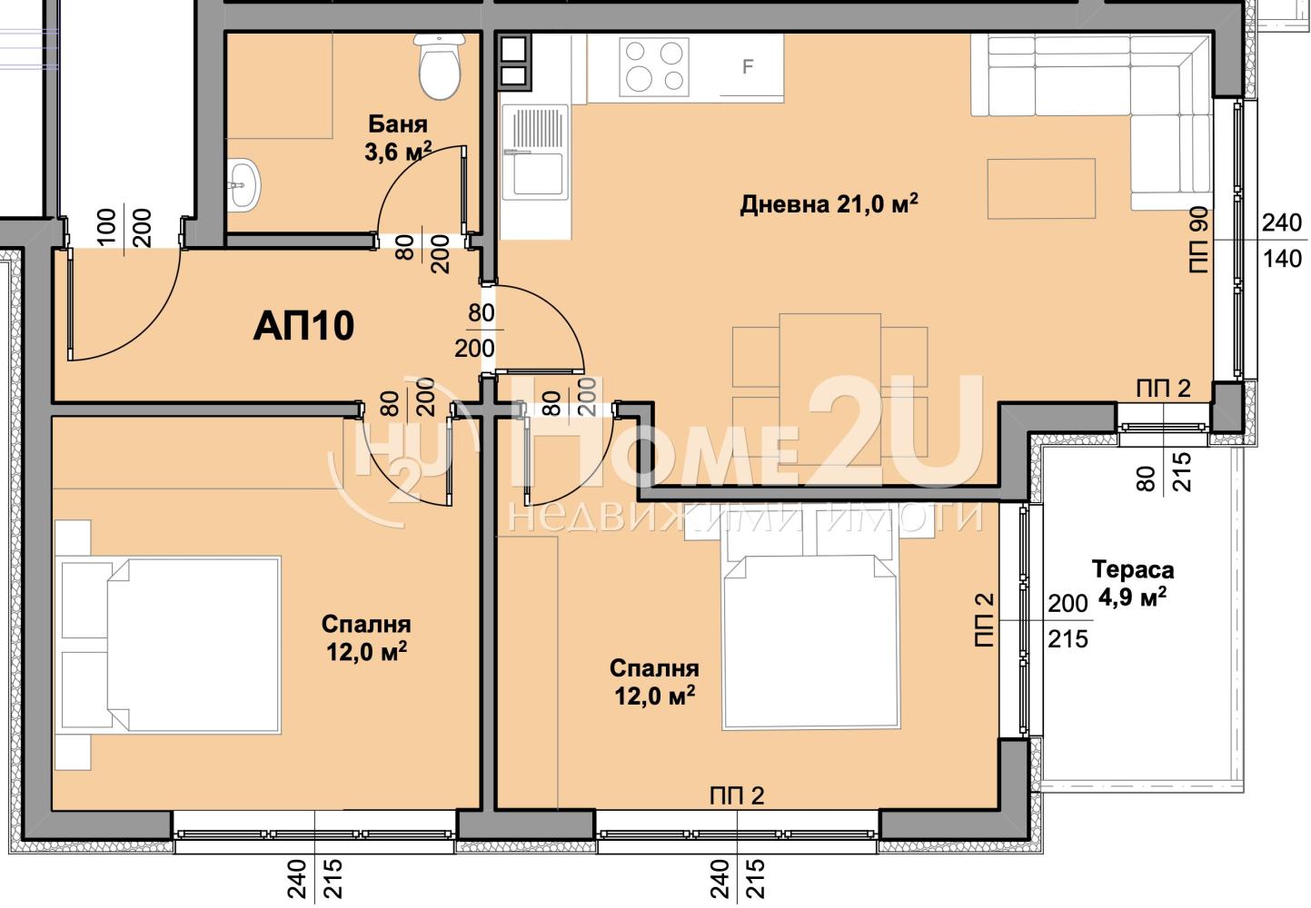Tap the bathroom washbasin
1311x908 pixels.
[243, 184]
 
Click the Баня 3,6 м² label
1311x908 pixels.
[398, 139]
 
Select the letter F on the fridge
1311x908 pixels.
[748, 66]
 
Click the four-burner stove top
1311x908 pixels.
[654, 66]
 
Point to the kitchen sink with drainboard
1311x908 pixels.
[535, 153]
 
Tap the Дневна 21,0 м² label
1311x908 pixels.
[829, 204]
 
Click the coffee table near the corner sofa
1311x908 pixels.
[1041, 188]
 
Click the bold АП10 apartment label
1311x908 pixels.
[303, 326]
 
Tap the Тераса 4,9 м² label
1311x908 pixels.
[1133, 583]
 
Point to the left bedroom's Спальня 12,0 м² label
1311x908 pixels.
[366, 638]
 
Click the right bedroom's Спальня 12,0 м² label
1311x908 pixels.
[654, 682]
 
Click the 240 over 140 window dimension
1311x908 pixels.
[1282, 241]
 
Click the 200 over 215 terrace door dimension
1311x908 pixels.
[1068, 621]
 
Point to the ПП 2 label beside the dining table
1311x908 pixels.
[1164, 389]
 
